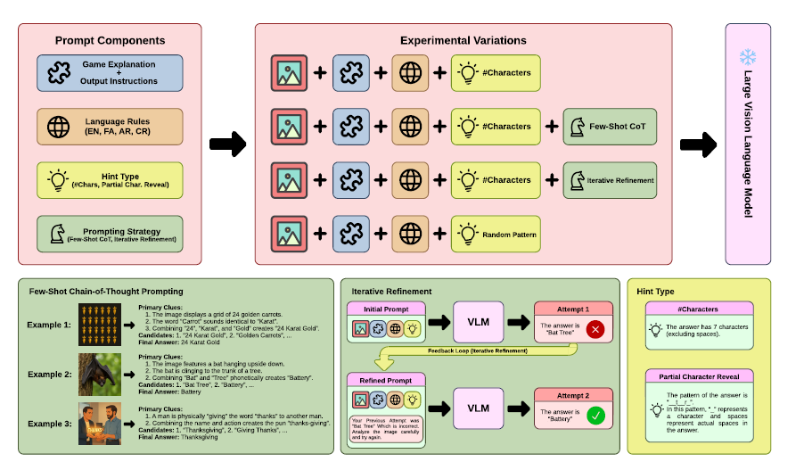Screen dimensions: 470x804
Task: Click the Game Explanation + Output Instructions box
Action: click(x=110, y=73)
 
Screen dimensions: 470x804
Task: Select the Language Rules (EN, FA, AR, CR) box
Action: click(x=110, y=127)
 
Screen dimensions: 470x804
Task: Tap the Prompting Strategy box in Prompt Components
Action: click(x=110, y=235)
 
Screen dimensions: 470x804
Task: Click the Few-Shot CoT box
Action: click(x=610, y=127)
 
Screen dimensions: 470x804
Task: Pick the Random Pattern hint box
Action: click(x=496, y=235)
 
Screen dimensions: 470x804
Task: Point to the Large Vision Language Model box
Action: click(x=748, y=144)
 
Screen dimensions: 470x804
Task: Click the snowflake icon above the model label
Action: click(x=747, y=58)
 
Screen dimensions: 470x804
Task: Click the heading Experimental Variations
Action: click(x=463, y=40)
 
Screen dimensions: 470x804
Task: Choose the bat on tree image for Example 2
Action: click(x=97, y=373)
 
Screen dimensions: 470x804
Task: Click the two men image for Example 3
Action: click(x=97, y=425)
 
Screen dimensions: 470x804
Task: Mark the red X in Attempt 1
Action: click(x=596, y=330)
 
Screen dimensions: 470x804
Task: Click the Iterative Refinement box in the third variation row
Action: click(x=610, y=180)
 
